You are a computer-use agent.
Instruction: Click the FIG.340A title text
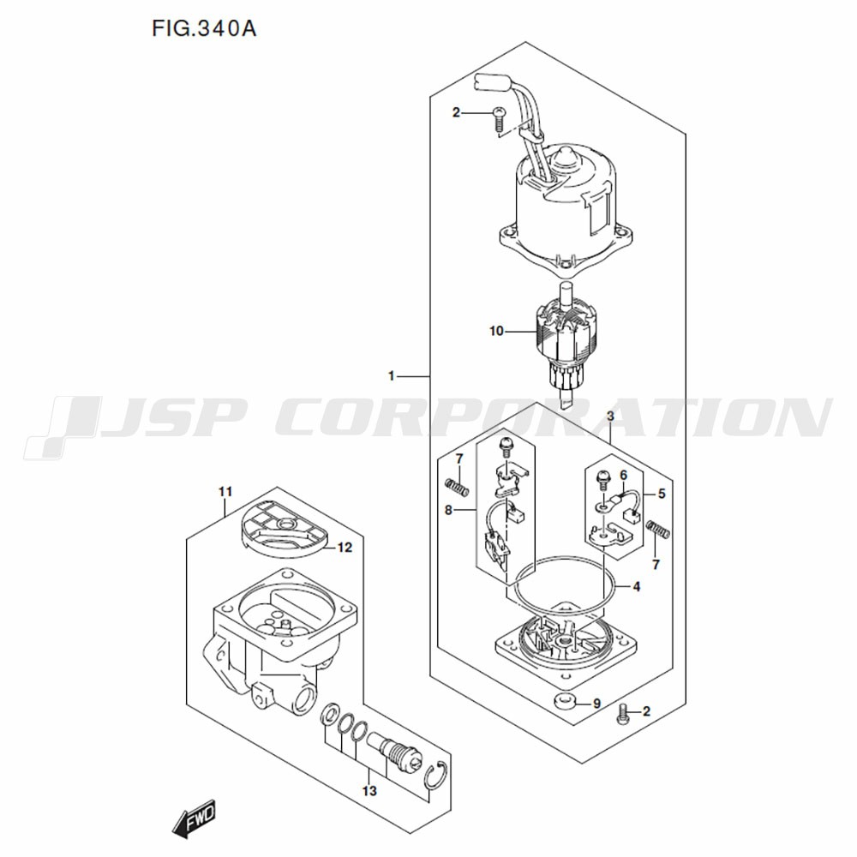coord(204,29)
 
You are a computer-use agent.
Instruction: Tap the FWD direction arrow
coord(194,818)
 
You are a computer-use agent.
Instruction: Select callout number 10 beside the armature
coord(496,331)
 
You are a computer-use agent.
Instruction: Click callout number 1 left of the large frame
coord(392,376)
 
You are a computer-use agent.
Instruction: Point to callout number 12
coord(345,547)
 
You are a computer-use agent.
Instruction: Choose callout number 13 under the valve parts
coord(369,791)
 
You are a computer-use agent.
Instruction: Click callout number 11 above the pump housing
coord(225,491)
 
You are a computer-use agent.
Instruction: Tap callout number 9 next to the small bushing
coord(596,704)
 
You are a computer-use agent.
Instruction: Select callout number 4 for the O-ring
coord(636,586)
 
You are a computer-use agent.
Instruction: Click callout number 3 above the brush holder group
coord(610,416)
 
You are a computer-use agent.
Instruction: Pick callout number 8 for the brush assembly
coord(449,511)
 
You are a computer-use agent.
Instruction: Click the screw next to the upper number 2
coord(499,119)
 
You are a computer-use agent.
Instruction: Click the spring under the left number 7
coord(458,487)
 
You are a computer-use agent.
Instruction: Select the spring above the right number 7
coord(657,529)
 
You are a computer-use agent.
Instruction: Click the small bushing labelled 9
coord(564,700)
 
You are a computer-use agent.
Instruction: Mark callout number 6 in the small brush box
coord(624,476)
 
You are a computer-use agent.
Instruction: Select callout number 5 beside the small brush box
coord(662,494)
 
